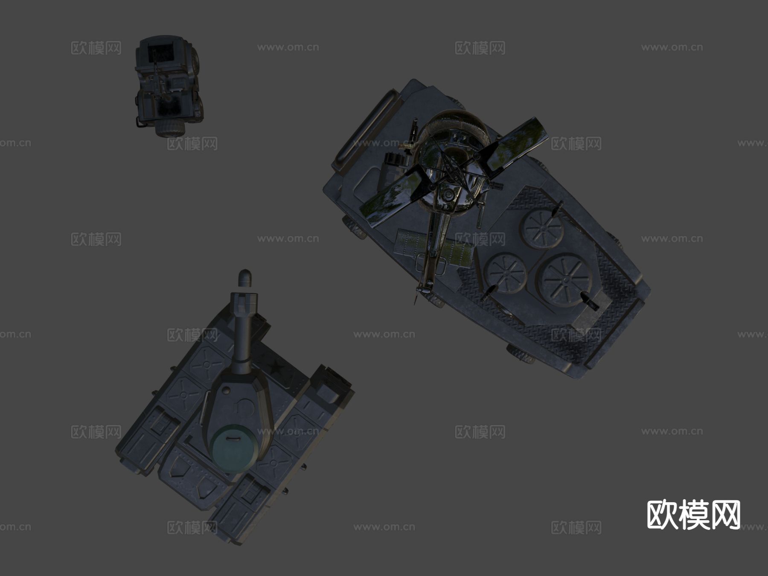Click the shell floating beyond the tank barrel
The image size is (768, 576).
point(245,278)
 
